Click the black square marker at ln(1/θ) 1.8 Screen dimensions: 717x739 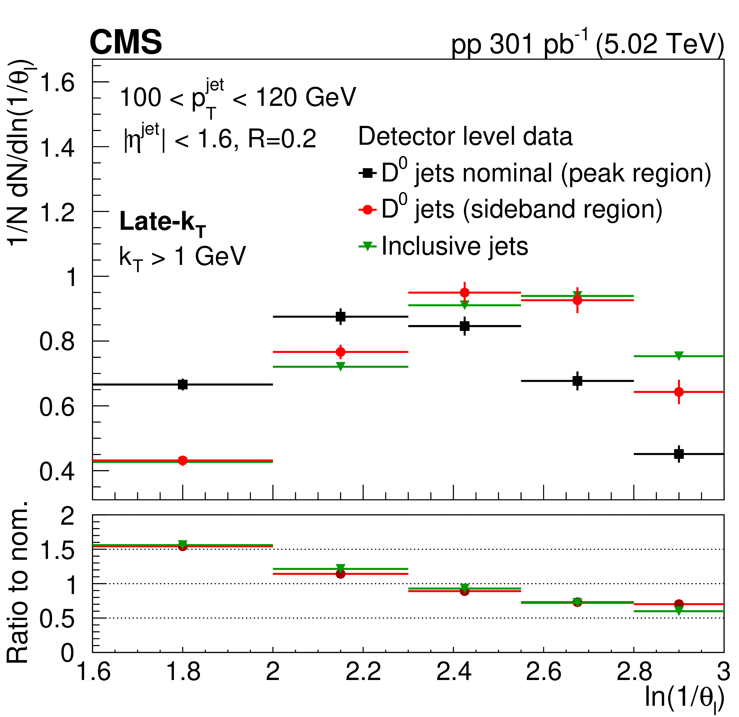pyautogui.click(x=183, y=384)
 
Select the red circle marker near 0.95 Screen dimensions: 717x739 pyautogui.click(x=465, y=293)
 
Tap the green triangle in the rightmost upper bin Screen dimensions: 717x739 pyautogui.click(x=679, y=356)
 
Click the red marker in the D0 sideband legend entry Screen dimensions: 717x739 pyautogui.click(x=368, y=210)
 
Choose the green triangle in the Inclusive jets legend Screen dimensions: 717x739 pyautogui.click(x=368, y=247)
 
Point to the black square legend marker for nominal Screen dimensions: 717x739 pyautogui.click(x=368, y=173)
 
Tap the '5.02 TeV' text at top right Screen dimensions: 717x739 pyautogui.click(x=660, y=44)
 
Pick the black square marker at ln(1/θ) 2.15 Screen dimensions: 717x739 pyautogui.click(x=341, y=317)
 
